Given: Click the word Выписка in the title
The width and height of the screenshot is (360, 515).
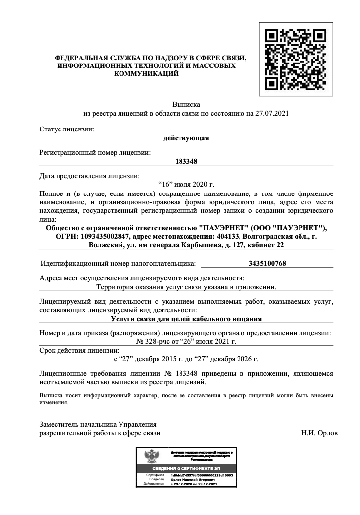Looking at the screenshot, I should [x=186, y=105].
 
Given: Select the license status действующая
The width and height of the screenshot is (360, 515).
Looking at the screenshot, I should [x=186, y=138].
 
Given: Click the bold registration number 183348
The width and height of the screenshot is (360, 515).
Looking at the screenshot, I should [x=186, y=161].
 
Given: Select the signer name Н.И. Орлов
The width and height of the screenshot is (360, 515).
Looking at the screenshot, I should [x=319, y=433].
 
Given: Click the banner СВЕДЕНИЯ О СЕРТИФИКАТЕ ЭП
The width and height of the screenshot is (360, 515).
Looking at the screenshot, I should [x=186, y=468].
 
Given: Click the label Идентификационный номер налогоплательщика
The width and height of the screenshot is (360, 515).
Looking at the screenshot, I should [x=118, y=263].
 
